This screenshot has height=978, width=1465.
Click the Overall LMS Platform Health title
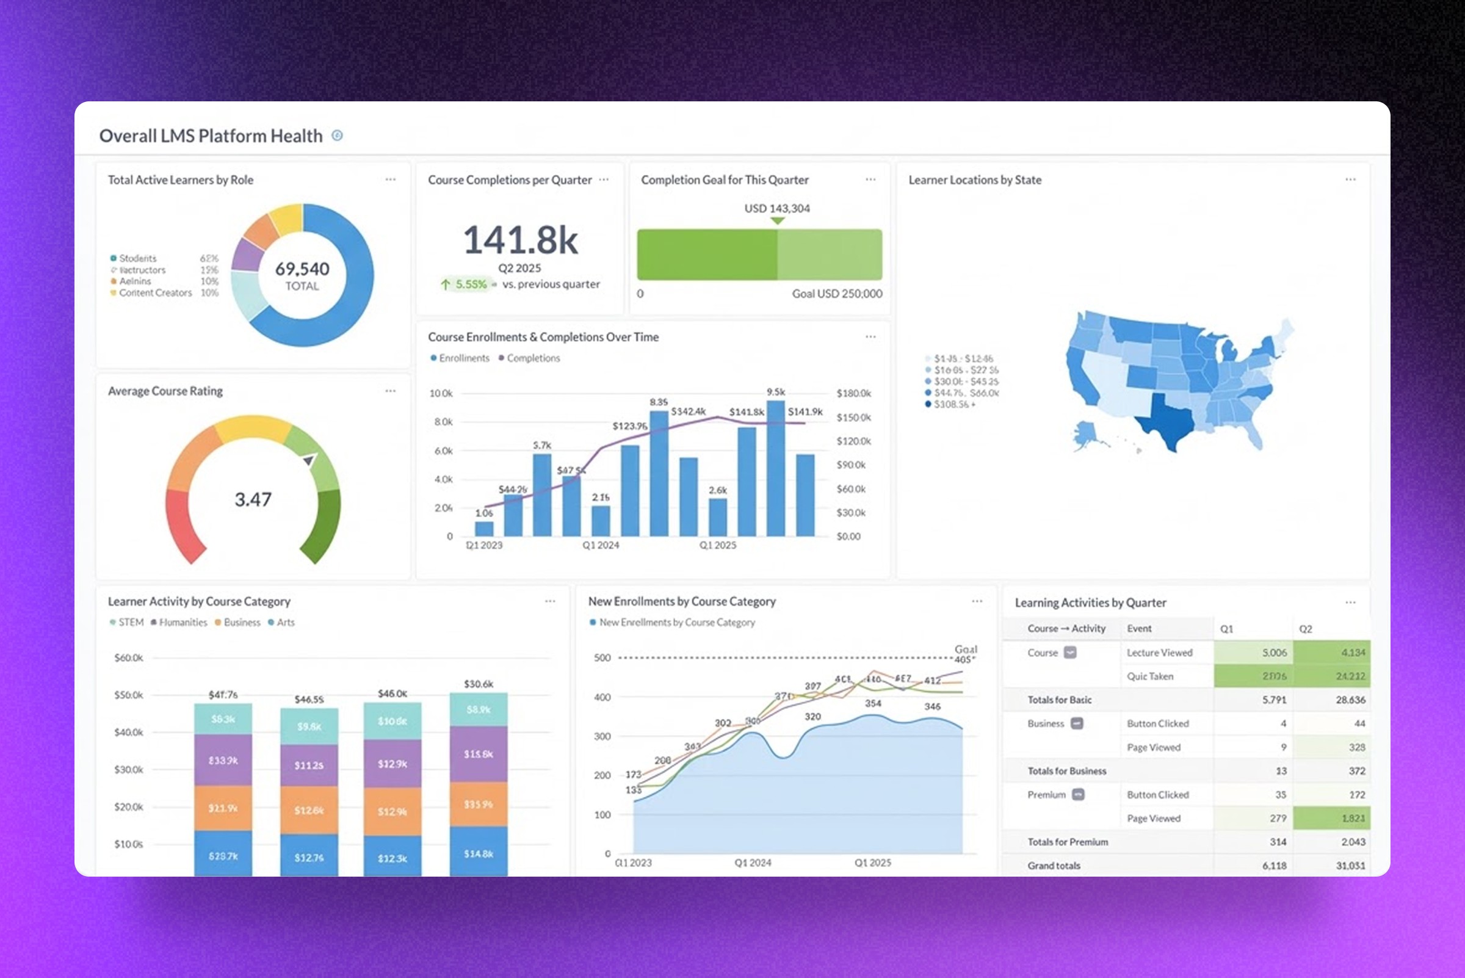coord(211,136)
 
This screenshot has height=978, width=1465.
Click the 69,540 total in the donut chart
coord(303,269)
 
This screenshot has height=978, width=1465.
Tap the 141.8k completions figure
coord(520,240)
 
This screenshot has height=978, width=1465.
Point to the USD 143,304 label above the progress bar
coord(776,208)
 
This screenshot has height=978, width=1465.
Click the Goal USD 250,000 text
coord(836,294)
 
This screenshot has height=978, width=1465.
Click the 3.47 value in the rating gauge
coord(253,499)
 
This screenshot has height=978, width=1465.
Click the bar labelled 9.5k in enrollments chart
coord(775,468)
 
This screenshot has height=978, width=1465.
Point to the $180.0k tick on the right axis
coord(853,393)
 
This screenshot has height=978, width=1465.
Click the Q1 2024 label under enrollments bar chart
coord(601,545)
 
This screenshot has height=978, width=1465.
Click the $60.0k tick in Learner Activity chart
coord(128,657)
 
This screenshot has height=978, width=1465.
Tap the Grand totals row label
coord(1054,866)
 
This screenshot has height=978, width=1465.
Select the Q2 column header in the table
coord(1305,629)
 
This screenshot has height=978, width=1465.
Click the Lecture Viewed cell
coord(1159,653)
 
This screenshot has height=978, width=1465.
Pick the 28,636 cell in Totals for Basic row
coord(1350,700)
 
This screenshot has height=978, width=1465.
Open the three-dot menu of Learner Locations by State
coord(1350,179)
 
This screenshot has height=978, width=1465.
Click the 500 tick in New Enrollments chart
coord(602,657)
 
